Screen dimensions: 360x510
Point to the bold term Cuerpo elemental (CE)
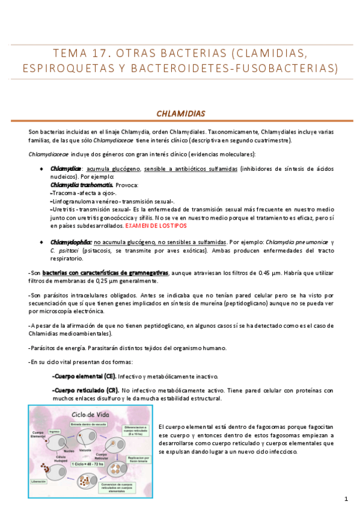pyautogui.click(x=84, y=376)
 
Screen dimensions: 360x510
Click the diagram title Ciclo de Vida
pyautogui.click(x=91, y=414)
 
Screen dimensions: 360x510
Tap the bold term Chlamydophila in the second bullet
pyautogui.click(x=71, y=241)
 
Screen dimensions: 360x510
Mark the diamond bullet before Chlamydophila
pyautogui.click(x=41, y=241)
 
